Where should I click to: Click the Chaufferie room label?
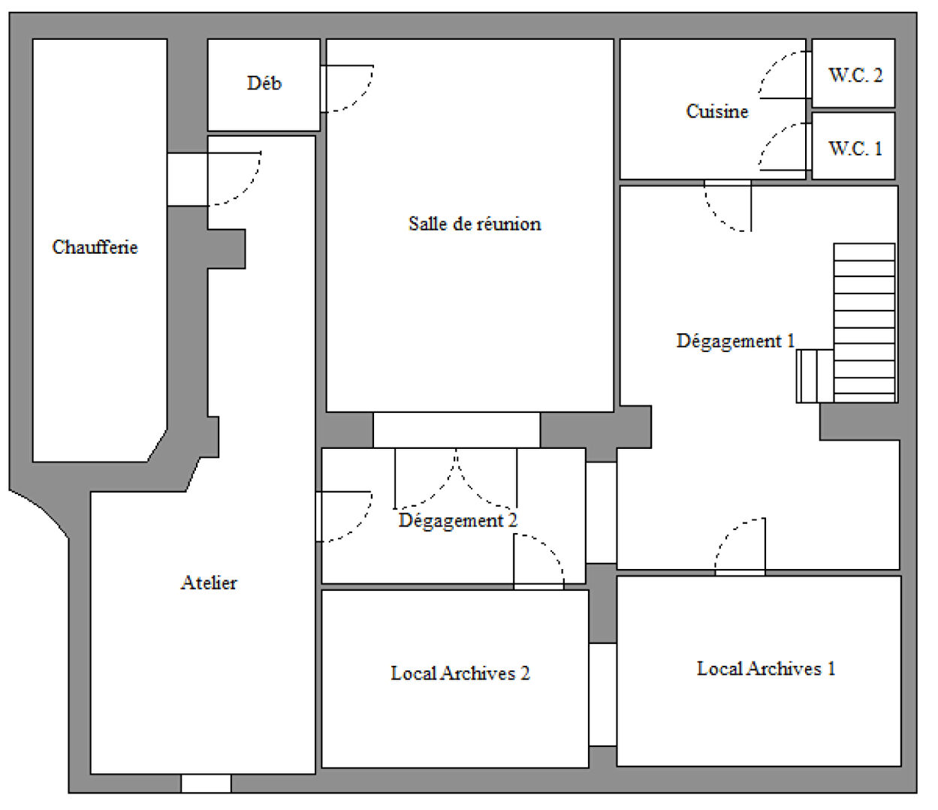pos(95,247)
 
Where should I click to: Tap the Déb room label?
pos(264,83)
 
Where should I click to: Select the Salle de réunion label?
pos(475,224)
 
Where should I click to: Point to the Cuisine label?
pos(717,111)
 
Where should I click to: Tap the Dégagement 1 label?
pos(736,342)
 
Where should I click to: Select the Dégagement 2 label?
pos(458,521)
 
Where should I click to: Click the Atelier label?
pos(209,583)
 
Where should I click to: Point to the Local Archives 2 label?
pos(460,673)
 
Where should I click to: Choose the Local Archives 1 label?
pos(766,669)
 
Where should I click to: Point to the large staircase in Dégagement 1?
pos(864,323)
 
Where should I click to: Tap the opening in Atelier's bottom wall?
pos(206,783)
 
